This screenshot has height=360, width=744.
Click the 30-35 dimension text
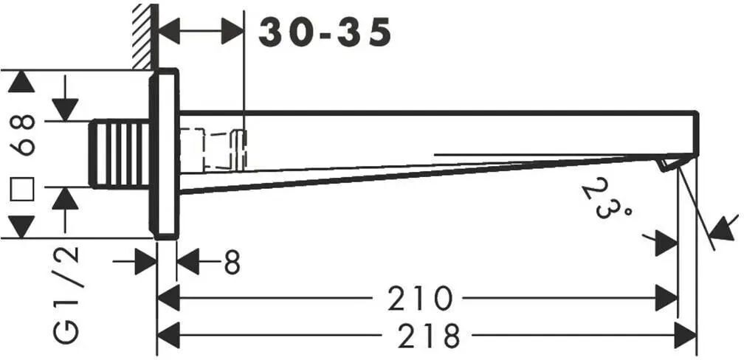click(x=325, y=32)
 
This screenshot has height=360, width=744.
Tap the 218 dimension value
click(x=429, y=336)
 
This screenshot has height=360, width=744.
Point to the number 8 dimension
click(x=232, y=262)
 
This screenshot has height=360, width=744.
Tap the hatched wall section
click(x=144, y=36)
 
